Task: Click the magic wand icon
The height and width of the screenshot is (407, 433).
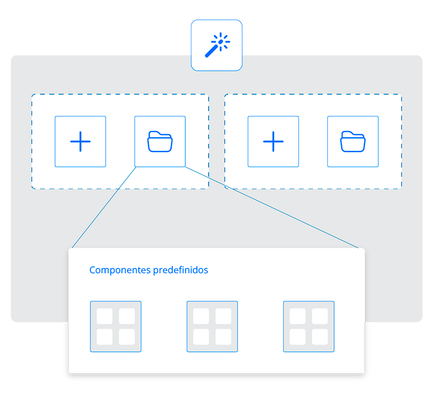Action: pos(217,45)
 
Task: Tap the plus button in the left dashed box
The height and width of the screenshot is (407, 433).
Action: pos(81,142)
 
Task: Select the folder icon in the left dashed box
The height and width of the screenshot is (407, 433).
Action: pos(160,142)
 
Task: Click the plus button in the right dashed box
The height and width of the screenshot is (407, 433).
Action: pos(273,142)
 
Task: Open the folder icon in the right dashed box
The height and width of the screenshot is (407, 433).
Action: pos(353,142)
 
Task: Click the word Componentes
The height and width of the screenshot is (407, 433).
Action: pos(120,270)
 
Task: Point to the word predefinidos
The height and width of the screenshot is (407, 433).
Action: pos(181,270)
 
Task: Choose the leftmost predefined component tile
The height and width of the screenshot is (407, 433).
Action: pos(116,327)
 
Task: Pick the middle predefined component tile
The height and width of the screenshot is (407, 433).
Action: pos(212,327)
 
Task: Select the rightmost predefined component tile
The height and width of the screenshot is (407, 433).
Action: pos(309,327)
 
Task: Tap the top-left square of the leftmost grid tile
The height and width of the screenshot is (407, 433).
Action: pos(105,316)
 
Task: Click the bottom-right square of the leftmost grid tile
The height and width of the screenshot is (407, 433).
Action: pos(127,337)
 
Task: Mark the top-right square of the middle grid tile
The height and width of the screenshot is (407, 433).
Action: pos(223,316)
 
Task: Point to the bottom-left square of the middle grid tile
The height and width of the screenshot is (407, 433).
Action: pos(201,337)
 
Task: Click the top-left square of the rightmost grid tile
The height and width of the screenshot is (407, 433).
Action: pos(297,316)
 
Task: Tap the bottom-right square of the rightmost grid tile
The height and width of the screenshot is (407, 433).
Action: pos(320,337)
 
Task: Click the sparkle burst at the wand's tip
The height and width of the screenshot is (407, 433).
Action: pos(221,42)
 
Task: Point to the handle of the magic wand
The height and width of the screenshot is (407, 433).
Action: pos(211,51)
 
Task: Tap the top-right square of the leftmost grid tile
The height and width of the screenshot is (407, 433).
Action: pos(127,316)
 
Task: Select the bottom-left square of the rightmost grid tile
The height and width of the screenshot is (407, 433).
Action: pos(297,337)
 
